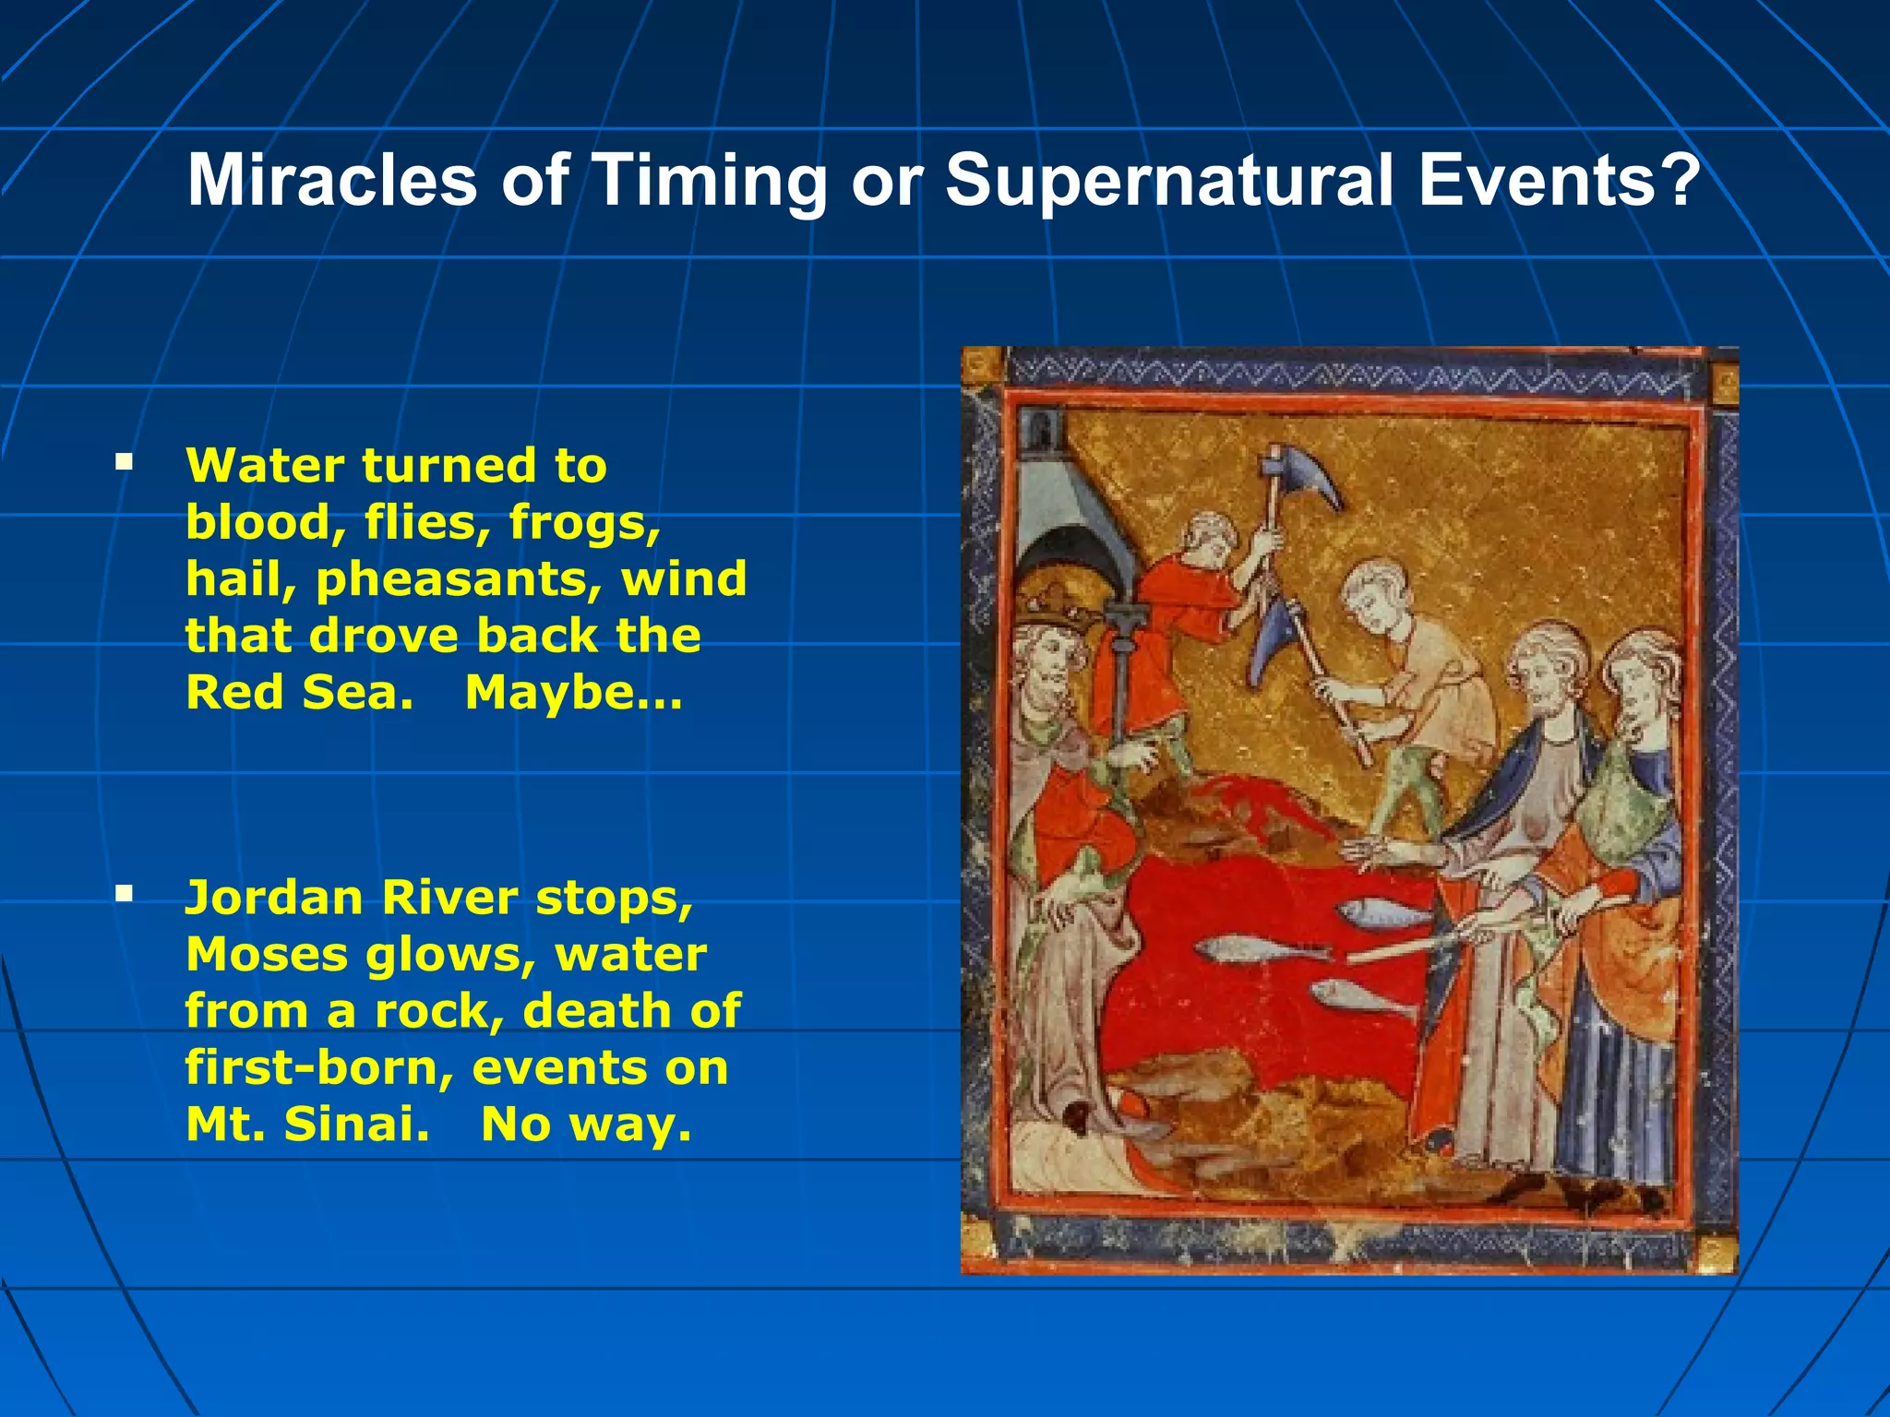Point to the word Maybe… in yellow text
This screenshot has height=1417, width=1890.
point(573,693)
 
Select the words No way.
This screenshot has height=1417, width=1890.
point(586,1124)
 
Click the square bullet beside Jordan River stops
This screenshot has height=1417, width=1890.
point(125,892)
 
